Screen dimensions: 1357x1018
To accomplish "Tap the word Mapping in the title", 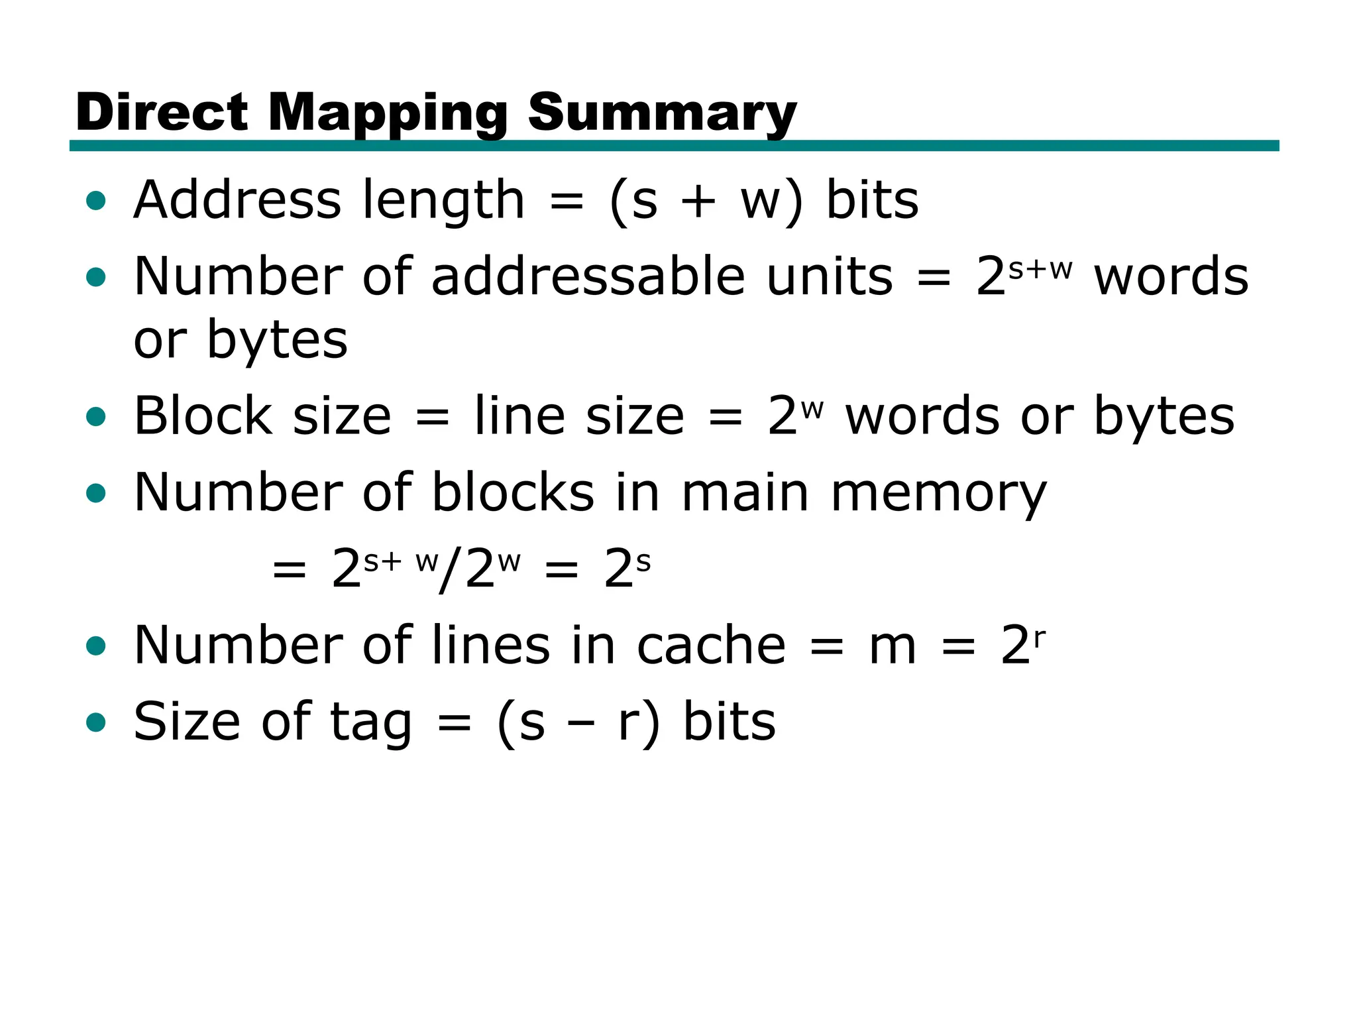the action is [x=388, y=112].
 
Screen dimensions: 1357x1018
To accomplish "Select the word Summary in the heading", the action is [x=662, y=112].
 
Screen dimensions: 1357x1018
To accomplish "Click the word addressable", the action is [x=588, y=276].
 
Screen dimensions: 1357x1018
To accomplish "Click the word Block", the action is [x=203, y=416].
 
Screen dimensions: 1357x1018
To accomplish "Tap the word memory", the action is [x=938, y=494].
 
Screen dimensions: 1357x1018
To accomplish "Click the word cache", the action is [x=711, y=646].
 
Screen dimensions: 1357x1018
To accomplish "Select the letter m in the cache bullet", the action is [x=893, y=647].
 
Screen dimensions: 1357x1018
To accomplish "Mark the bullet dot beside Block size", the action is [x=96, y=417].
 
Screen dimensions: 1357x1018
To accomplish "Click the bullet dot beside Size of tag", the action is [x=96, y=722].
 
